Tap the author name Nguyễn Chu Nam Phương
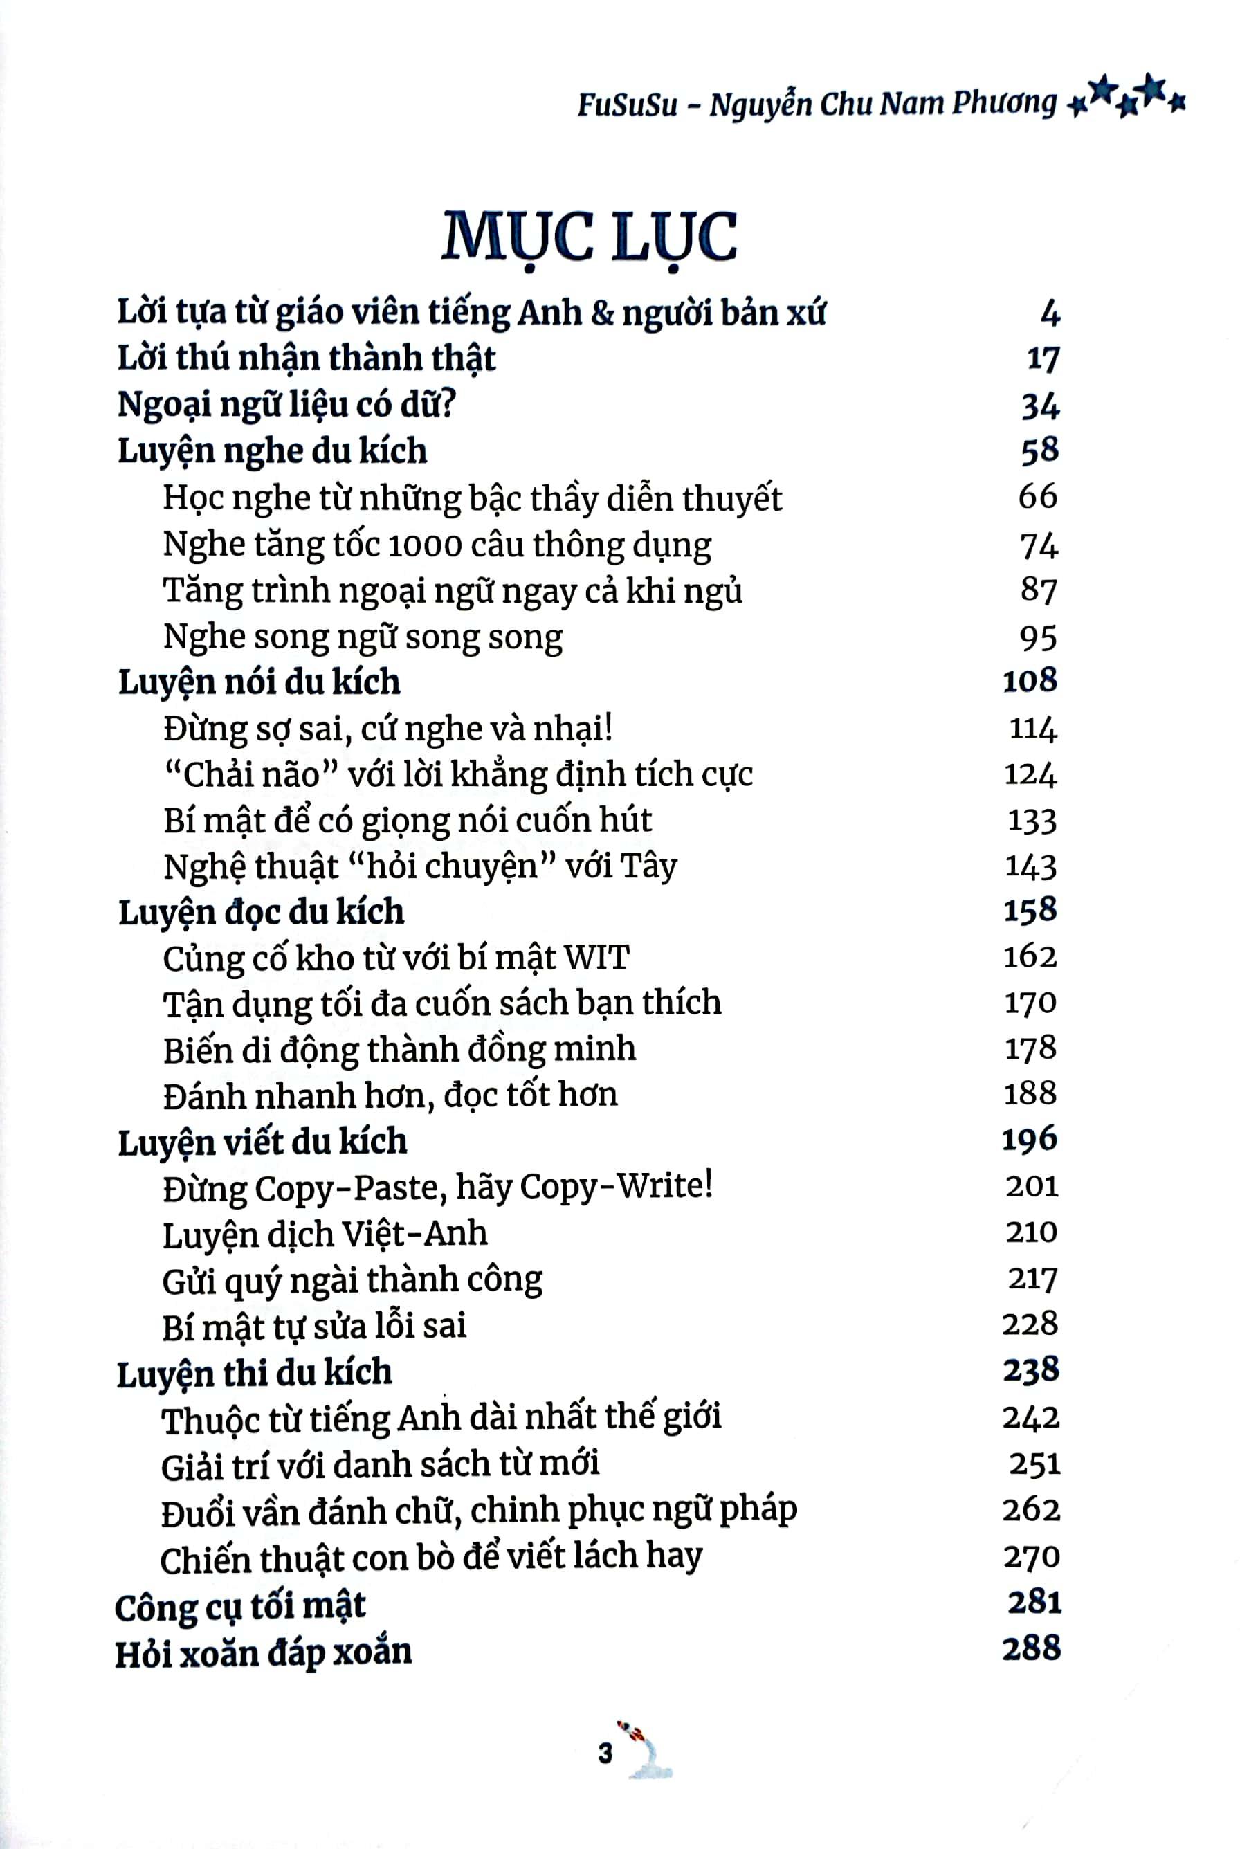[x=882, y=104]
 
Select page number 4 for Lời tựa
[x=1050, y=313]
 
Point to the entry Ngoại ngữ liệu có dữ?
[x=287, y=405]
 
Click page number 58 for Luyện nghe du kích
[x=1039, y=450]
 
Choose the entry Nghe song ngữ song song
[x=362, y=637]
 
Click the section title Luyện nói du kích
[x=259, y=682]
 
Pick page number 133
[x=1032, y=821]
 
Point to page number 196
[x=1029, y=1140]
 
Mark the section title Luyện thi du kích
[x=254, y=1373]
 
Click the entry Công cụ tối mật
[x=239, y=1606]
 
